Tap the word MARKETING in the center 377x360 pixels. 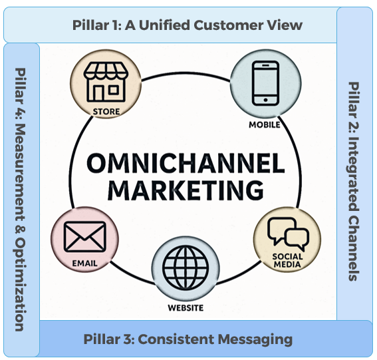(x=186, y=190)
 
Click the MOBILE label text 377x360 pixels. (x=265, y=124)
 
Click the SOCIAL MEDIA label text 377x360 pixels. (x=287, y=260)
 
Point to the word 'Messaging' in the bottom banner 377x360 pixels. (x=256, y=339)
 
